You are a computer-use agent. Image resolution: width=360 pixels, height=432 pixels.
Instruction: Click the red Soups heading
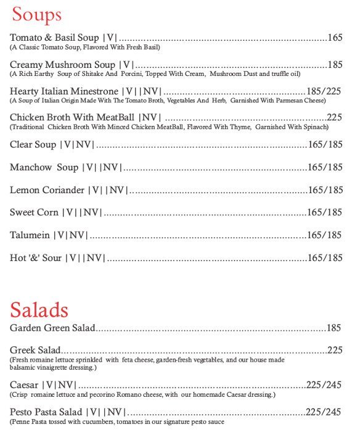click(37, 14)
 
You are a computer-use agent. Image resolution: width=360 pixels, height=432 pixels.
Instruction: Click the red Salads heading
click(39, 309)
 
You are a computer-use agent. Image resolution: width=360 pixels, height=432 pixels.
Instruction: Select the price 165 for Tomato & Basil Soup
click(335, 38)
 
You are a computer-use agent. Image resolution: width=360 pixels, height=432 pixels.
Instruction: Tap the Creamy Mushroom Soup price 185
click(335, 64)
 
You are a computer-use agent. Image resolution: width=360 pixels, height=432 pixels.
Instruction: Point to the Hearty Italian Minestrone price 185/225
click(324, 91)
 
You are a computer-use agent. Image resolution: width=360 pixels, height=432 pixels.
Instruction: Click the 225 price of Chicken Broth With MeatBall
click(334, 117)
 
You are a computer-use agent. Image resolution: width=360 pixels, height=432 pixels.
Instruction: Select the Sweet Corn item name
click(34, 212)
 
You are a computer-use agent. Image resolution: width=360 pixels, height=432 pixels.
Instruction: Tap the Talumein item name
click(30, 235)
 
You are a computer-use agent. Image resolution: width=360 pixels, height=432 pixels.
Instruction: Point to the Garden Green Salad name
click(52, 328)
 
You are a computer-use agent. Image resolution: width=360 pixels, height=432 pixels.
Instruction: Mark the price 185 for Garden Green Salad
click(334, 328)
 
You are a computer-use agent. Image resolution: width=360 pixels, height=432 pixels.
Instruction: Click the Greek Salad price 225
click(335, 351)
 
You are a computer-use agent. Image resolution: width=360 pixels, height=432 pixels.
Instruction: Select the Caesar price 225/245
click(324, 385)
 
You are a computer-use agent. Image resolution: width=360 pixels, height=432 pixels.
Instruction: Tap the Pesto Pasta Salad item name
click(46, 412)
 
